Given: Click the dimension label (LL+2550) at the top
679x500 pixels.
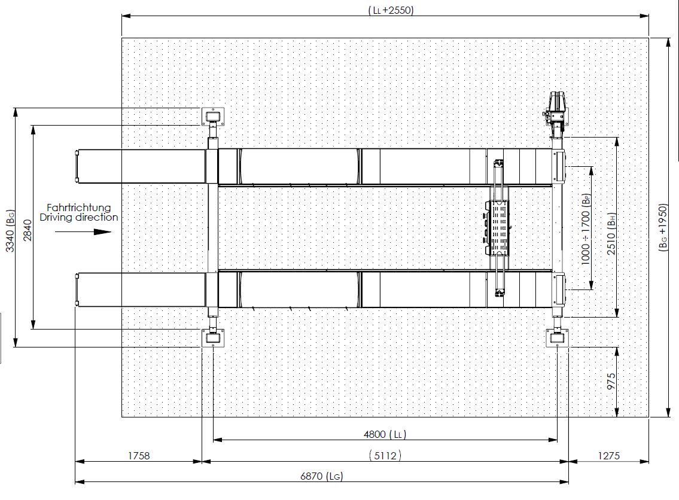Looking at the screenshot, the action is click(x=391, y=10).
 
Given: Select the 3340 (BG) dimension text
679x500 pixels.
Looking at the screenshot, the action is click(x=10, y=230).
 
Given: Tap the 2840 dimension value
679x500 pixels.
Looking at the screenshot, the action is click(x=28, y=230).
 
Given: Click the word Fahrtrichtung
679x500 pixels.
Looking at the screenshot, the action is click(x=79, y=208).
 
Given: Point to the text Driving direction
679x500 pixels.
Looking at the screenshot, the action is click(x=79, y=217).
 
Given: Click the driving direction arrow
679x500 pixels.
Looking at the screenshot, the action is click(x=83, y=231).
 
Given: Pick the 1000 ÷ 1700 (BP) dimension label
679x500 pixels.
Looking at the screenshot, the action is click(x=585, y=229).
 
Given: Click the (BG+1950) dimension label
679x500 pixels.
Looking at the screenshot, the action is click(x=663, y=227).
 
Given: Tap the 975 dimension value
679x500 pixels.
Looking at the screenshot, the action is click(x=611, y=382).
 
